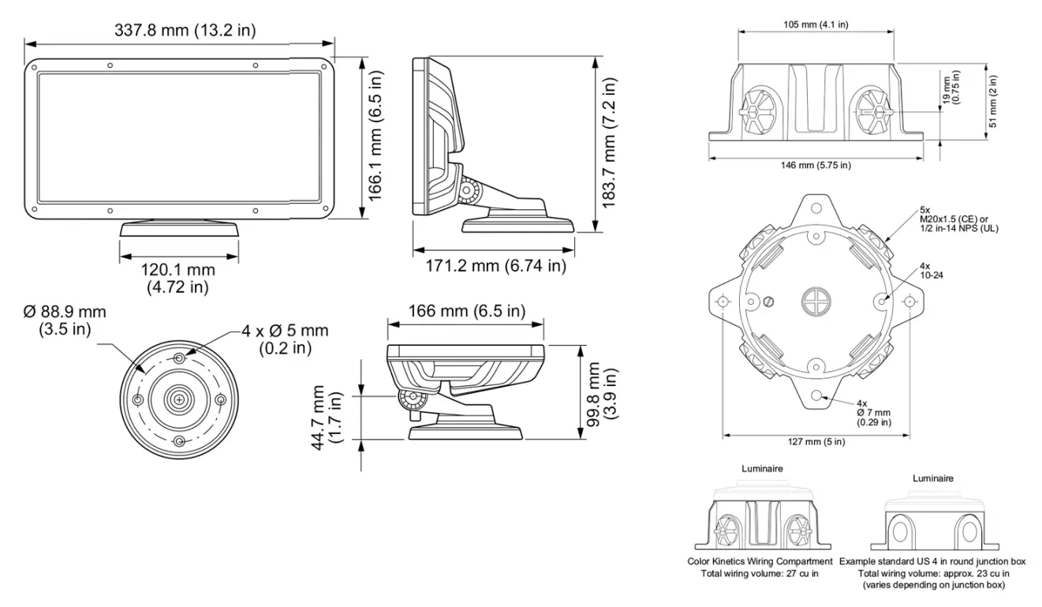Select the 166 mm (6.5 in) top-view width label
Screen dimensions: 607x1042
465,311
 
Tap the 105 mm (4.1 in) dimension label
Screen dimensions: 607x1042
816,24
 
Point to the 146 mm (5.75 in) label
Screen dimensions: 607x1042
816,165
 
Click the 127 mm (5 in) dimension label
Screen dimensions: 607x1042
816,441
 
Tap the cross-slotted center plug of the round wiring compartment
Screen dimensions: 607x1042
816,302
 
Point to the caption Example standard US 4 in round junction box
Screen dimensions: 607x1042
932,561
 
